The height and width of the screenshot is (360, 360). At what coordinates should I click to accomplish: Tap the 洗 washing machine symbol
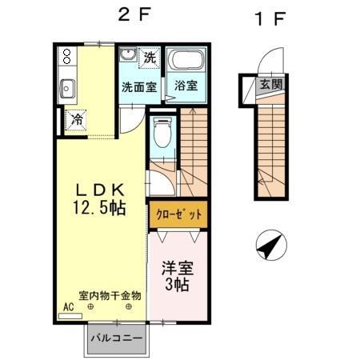tap(150, 58)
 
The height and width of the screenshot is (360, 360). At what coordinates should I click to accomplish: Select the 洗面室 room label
tap(139, 86)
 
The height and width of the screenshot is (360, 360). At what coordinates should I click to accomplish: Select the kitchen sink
tap(66, 88)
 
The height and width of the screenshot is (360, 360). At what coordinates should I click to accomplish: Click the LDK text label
tap(99, 190)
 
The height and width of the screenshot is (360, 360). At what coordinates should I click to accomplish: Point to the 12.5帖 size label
tap(99, 208)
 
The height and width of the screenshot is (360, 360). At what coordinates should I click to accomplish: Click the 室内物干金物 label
tap(110, 295)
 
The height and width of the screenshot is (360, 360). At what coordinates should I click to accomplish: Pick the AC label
tap(67, 306)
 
